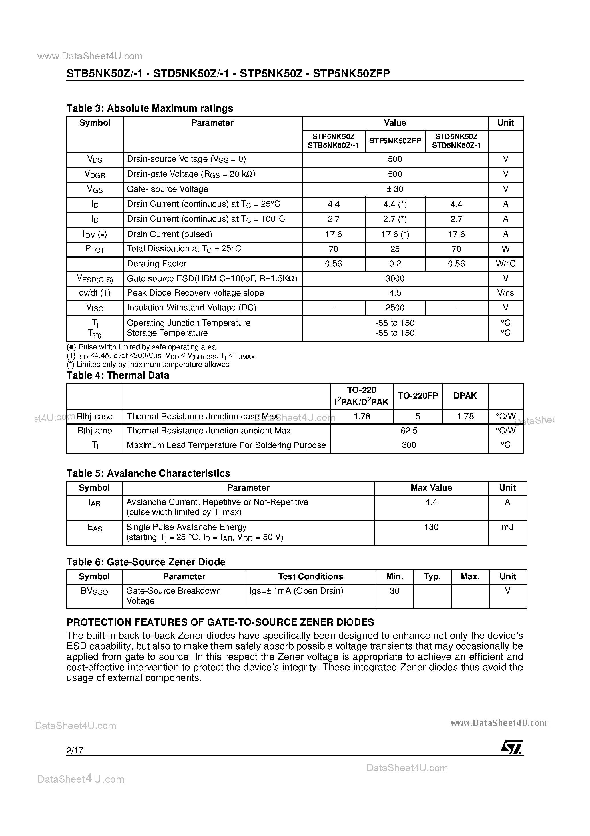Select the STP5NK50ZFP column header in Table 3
[395, 141]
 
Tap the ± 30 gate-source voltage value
[395, 189]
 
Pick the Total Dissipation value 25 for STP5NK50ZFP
[395, 249]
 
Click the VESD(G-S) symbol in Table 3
[95, 279]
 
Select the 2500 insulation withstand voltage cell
[395, 308]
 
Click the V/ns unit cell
[505, 293]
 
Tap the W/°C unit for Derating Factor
[505, 264]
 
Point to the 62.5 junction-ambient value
[409, 431]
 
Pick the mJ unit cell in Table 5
[507, 527]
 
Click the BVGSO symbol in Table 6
[94, 591]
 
